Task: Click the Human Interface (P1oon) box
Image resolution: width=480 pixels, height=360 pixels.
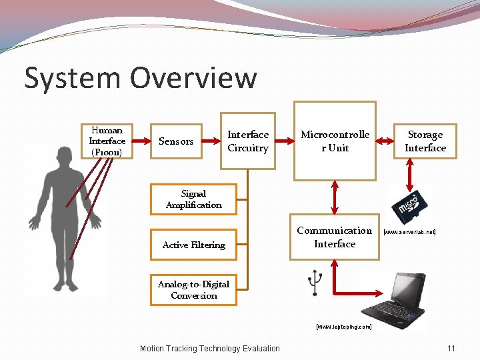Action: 107,141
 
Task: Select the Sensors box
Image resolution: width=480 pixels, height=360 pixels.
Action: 176,141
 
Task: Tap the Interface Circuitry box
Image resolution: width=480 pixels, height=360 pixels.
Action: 248,141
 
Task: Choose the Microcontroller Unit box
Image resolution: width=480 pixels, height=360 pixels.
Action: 335,141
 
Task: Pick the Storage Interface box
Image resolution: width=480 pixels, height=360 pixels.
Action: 425,141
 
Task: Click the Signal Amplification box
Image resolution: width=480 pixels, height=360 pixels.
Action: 193,199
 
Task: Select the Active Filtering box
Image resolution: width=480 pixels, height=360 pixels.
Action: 193,245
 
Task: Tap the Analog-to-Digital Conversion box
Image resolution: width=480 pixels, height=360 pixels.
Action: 193,290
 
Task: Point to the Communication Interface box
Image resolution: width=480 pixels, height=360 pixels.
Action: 335,237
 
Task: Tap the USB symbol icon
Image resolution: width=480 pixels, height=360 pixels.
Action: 314,283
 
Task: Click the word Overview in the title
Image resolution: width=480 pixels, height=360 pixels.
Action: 193,78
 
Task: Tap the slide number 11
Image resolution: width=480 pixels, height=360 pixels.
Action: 451,348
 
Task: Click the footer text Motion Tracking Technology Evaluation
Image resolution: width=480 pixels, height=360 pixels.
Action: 210,348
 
